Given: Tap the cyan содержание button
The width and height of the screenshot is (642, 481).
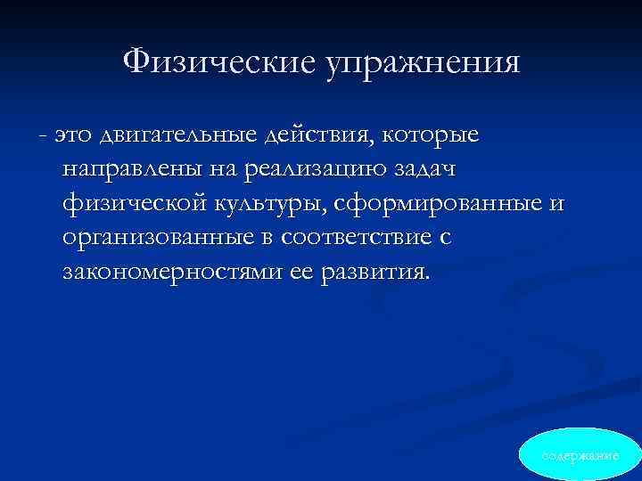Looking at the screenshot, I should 580,455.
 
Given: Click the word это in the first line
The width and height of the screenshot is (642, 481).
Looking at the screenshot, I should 74,135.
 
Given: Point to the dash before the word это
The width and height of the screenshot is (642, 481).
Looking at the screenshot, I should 43,136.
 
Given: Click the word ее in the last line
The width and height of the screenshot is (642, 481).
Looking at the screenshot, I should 301,273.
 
